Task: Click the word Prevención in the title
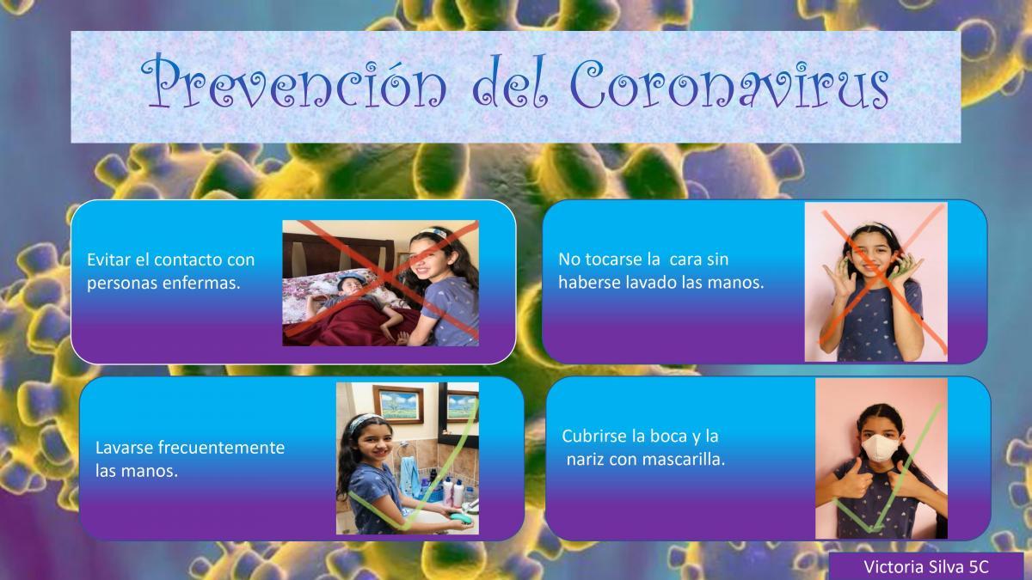(293, 81)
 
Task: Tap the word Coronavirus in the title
(729, 82)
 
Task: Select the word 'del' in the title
(510, 82)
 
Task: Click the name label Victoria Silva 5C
(926, 566)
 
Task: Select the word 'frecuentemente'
(221, 448)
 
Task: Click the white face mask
(880, 448)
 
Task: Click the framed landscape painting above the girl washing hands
(398, 405)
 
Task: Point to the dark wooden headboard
(338, 255)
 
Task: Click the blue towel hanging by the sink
(409, 477)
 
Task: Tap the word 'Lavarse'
(125, 448)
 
